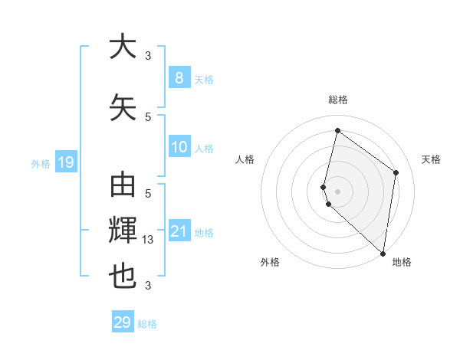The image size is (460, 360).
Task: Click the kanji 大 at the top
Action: click(x=123, y=47)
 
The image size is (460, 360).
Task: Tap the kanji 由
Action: click(x=123, y=187)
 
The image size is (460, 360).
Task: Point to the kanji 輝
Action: click(x=123, y=231)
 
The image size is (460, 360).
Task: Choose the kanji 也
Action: click(x=123, y=277)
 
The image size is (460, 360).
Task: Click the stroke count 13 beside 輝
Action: click(x=149, y=240)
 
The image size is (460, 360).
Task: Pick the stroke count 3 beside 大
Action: click(x=148, y=55)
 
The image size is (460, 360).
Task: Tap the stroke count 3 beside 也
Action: click(x=148, y=286)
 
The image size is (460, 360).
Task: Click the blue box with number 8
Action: click(x=179, y=77)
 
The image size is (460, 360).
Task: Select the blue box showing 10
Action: click(x=179, y=147)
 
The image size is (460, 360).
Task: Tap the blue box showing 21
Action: click(x=179, y=231)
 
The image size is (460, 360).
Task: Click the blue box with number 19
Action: click(x=65, y=162)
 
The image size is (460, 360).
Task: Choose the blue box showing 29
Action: click(x=122, y=322)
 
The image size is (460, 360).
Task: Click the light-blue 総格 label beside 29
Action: click(x=147, y=324)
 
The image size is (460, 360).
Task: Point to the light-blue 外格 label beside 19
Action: click(x=41, y=163)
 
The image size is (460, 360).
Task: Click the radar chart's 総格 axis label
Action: click(x=338, y=100)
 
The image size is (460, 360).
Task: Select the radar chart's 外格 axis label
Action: click(x=270, y=262)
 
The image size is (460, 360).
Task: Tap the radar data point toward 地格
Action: click(x=383, y=254)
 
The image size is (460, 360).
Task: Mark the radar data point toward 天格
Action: click(x=396, y=172)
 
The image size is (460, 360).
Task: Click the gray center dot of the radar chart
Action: click(x=338, y=191)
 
